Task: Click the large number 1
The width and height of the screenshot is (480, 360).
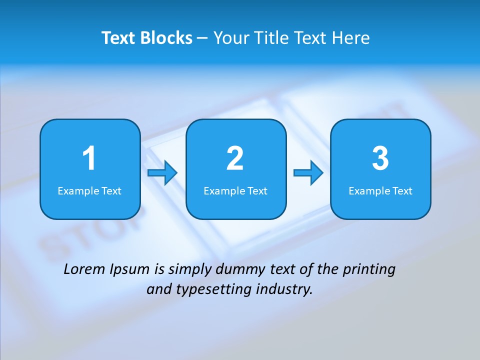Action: tap(89, 158)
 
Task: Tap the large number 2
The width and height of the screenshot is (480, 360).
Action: tap(235, 158)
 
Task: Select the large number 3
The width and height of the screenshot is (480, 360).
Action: tap(380, 158)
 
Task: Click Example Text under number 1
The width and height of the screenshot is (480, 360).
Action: tap(89, 190)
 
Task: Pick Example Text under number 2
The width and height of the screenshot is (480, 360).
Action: tap(235, 190)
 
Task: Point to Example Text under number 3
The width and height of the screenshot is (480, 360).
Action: tap(380, 190)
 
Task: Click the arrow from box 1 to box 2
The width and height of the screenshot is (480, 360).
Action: tap(163, 173)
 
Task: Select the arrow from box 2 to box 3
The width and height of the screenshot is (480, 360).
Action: tap(308, 173)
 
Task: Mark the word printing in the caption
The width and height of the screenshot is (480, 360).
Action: tap(369, 270)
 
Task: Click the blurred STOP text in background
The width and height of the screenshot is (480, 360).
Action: tap(85, 235)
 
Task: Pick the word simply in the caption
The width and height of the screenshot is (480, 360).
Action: tap(190, 270)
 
